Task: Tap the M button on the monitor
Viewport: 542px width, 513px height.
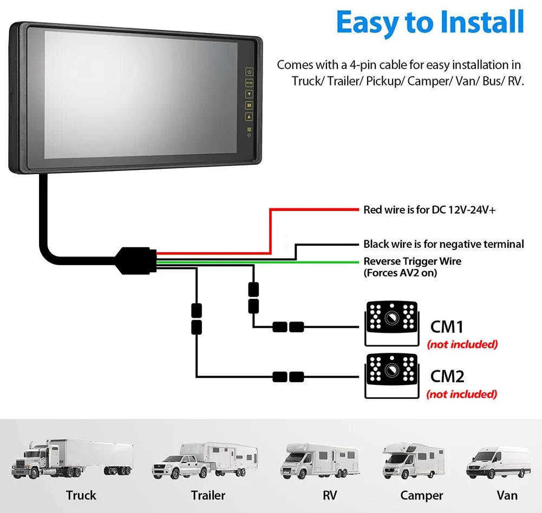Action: (249, 106)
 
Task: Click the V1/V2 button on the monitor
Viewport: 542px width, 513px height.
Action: (249, 83)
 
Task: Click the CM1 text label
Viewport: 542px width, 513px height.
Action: (447, 327)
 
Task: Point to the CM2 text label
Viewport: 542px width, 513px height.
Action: (447, 376)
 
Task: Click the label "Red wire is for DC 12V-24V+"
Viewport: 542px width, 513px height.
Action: (429, 209)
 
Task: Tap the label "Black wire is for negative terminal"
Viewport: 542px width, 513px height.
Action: (443, 244)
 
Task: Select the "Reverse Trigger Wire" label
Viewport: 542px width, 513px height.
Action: (413, 261)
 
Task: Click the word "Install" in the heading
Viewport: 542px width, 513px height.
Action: (480, 23)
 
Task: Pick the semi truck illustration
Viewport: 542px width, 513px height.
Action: (72, 459)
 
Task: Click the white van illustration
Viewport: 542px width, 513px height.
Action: (499, 462)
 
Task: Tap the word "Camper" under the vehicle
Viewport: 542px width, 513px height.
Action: (421, 495)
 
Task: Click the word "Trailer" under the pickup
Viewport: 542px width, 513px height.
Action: (208, 495)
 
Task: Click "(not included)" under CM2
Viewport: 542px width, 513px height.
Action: (461, 394)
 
